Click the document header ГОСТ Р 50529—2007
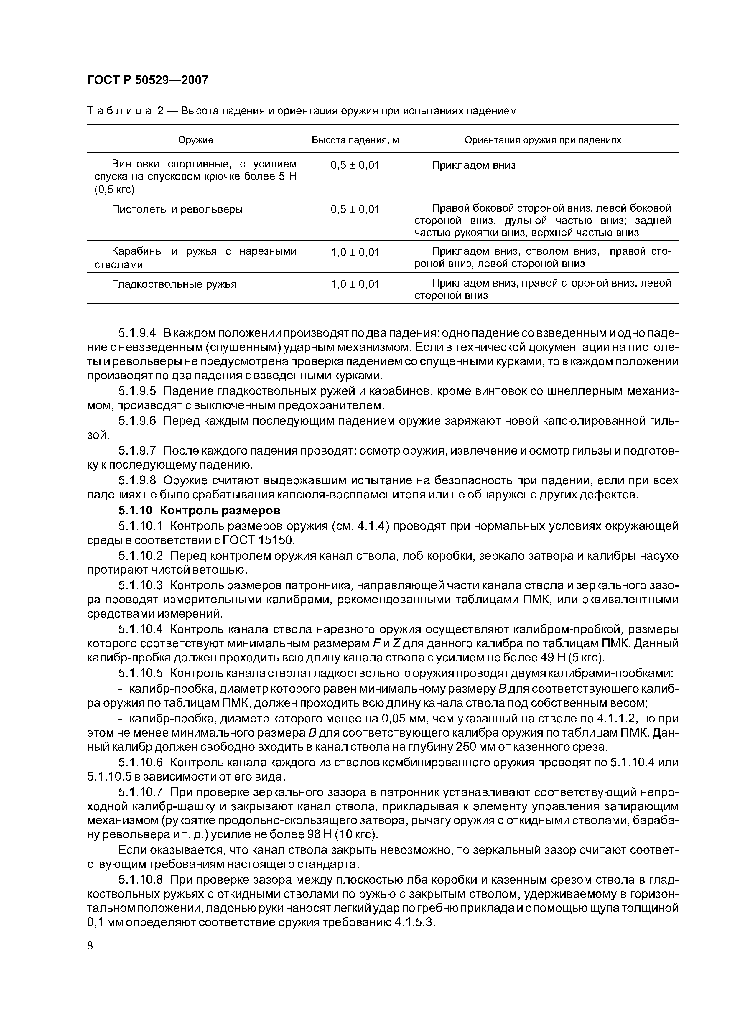click(147, 80)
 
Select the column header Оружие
click(195, 140)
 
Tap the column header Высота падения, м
click(355, 140)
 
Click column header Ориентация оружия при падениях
click(543, 140)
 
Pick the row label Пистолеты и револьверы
click(177, 209)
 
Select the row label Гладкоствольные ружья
click(174, 284)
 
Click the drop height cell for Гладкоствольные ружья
click(355, 284)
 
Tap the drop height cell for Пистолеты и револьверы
click(355, 209)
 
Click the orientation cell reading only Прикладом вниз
click(473, 165)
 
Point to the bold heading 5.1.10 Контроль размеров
click(199, 511)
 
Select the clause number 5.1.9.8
click(137, 480)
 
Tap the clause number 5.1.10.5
click(141, 673)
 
